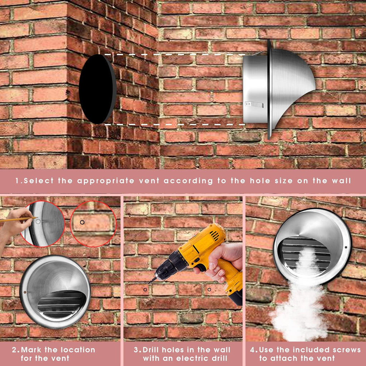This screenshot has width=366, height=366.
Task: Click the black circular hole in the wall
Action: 98,89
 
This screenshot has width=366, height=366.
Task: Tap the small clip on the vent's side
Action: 254,104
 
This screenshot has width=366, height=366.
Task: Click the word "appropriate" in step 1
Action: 106,181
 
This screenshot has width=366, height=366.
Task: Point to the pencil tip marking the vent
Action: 37,218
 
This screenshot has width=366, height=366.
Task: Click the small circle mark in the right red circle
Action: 82,222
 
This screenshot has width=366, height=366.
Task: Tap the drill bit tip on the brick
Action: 149,283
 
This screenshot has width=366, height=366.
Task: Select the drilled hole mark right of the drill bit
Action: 209,290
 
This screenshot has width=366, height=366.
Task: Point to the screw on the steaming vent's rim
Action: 346,247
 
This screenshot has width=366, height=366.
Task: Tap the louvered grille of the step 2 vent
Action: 61,305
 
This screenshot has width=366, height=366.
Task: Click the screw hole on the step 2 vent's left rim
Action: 25,292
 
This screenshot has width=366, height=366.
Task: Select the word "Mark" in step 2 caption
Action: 31,350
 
